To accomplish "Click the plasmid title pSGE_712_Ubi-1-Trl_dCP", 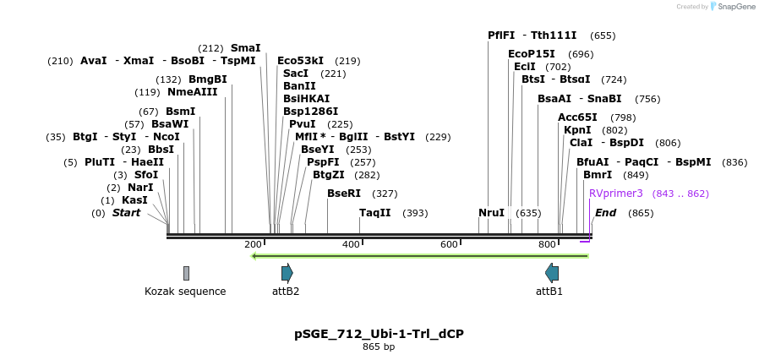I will (x=379, y=334).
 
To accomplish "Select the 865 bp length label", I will (x=379, y=347).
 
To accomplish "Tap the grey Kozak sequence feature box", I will (x=186, y=273).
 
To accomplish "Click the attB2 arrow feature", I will (x=287, y=272).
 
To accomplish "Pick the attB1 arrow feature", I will (x=552, y=272).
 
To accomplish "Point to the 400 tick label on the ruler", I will (x=351, y=244).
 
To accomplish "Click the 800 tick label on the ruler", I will (x=547, y=244).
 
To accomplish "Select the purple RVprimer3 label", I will (x=616, y=194).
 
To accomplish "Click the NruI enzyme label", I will (x=491, y=213).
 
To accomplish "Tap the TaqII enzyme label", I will (x=375, y=213).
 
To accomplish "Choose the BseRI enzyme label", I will (x=344, y=194).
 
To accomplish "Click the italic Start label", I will (x=126, y=213).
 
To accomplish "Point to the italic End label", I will (x=606, y=213).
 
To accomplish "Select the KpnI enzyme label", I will (x=577, y=130).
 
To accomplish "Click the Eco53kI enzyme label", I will (x=300, y=61).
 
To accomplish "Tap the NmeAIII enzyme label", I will (x=192, y=92).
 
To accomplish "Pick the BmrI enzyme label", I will (x=598, y=175).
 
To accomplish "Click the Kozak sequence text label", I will (x=185, y=292).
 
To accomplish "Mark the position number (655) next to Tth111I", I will (x=603, y=35).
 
